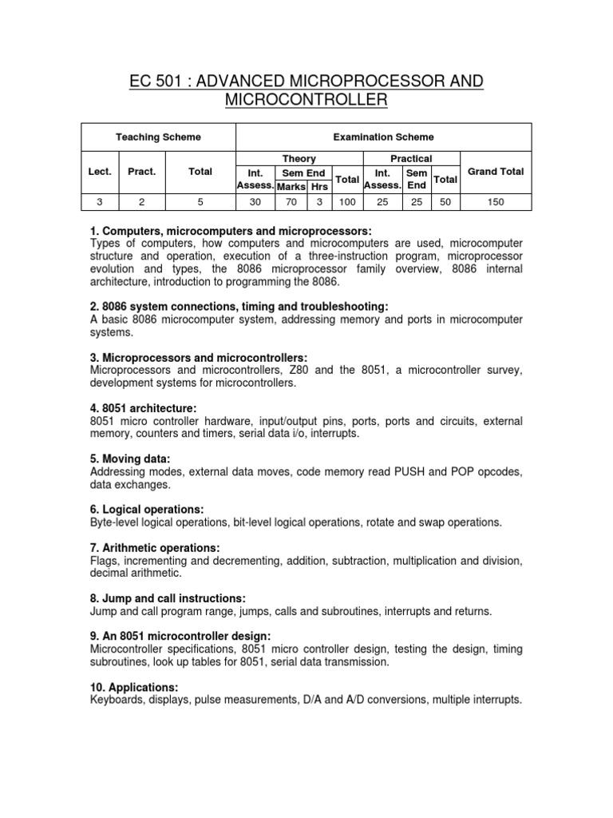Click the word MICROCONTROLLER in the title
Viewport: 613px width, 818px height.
coord(306,101)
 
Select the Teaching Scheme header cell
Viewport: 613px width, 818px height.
coord(158,137)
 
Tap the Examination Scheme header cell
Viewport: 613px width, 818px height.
coord(383,137)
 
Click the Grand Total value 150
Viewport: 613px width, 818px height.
coord(496,203)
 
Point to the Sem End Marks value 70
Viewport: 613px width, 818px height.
coord(291,203)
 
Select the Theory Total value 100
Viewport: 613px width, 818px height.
coord(346,203)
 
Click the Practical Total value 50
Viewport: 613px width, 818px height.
coord(445,203)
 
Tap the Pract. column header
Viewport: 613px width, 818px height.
coord(142,171)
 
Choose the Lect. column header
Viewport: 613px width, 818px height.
coord(100,171)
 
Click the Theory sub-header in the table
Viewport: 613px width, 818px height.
coord(299,159)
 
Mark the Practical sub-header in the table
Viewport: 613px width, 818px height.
coord(411,159)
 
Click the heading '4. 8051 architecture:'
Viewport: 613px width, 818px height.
coord(144,408)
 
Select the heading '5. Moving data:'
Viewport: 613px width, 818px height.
coord(130,459)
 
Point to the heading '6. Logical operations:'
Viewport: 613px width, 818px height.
coord(148,509)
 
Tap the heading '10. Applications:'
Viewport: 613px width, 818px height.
coord(134,687)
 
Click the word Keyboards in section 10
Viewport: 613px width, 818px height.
coord(117,700)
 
